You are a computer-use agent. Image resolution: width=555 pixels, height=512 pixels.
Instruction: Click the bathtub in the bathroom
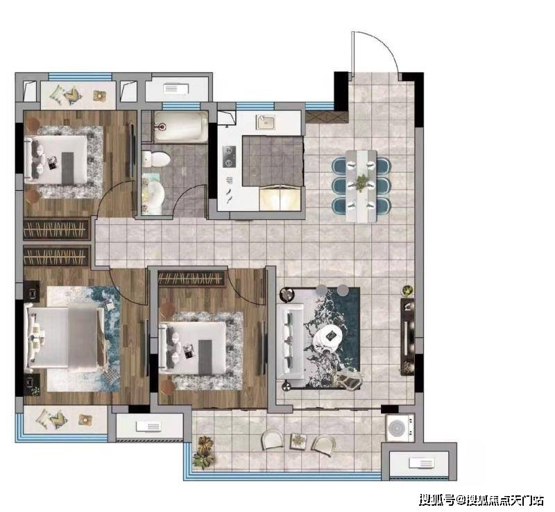(x=181, y=126)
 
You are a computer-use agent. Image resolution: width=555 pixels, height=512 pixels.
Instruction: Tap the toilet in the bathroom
(x=156, y=159)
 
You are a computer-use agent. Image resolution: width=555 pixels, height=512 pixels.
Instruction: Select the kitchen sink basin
(x=266, y=122)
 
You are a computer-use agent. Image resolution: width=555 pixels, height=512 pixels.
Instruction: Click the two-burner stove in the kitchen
(x=230, y=157)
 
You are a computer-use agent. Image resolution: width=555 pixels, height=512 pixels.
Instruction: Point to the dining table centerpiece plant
(x=361, y=182)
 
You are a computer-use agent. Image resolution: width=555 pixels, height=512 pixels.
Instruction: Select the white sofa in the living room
(x=290, y=342)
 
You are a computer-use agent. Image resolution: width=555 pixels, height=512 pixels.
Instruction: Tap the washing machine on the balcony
(x=400, y=427)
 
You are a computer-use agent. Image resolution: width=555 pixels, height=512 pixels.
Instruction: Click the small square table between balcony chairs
(x=299, y=441)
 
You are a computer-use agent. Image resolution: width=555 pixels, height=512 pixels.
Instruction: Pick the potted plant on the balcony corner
(x=204, y=452)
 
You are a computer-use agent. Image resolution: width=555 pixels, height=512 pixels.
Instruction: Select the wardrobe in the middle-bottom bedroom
(x=191, y=279)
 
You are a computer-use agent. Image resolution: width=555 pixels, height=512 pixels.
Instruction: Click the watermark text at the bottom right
(x=481, y=500)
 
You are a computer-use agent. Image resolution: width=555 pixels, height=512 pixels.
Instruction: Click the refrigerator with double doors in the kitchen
(x=280, y=198)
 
